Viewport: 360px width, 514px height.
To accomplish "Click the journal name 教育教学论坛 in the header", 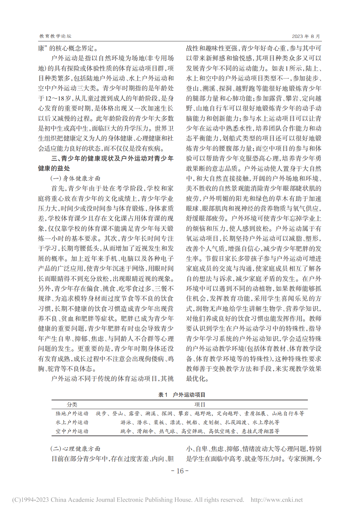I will (x=55, y=36).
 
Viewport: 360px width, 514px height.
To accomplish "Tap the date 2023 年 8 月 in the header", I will (x=306, y=36).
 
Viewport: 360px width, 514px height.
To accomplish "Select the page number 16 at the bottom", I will (x=180, y=471).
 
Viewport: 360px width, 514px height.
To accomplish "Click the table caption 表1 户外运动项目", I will (x=182, y=395).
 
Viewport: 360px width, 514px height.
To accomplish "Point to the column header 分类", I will (x=72, y=405).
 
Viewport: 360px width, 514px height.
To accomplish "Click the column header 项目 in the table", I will (x=200, y=405).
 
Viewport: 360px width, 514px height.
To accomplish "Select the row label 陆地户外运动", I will (x=72, y=413).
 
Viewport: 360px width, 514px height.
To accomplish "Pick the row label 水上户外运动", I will (x=72, y=422).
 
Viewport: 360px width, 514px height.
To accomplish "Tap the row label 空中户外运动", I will (x=72, y=431).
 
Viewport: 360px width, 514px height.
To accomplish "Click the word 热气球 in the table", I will (x=167, y=431).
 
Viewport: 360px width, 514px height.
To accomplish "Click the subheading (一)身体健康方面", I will (x=75, y=178).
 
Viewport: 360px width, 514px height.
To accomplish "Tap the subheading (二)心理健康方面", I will (x=75, y=449).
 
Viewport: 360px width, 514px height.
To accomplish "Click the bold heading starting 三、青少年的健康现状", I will (x=112, y=159).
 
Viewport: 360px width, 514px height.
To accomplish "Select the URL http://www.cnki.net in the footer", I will (x=277, y=500).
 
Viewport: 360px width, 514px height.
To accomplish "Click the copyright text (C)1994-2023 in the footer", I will (x=31, y=500).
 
